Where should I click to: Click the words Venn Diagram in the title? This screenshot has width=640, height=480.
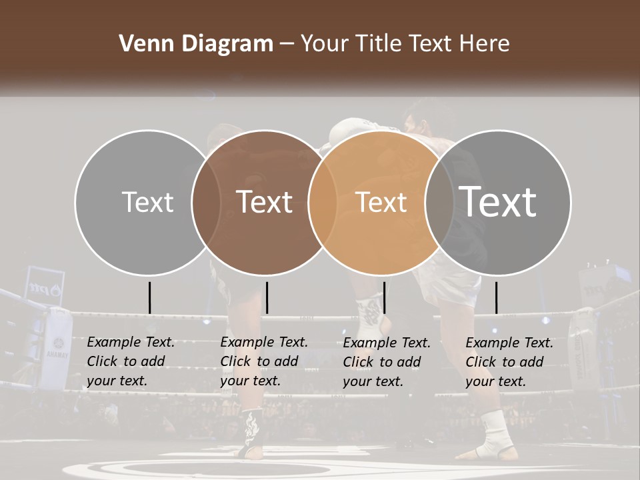point(196,44)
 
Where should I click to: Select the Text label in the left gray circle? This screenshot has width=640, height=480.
point(147,202)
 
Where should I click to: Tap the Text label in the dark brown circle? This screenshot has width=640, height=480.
point(265,202)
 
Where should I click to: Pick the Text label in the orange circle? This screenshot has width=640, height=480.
point(381,202)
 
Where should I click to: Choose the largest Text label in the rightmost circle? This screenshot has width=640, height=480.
point(498,202)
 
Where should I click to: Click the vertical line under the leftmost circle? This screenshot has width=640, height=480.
point(149,297)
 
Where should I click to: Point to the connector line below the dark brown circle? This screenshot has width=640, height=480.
point(267,297)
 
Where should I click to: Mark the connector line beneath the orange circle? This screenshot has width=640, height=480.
point(384,297)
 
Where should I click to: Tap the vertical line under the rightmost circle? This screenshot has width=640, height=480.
point(496,297)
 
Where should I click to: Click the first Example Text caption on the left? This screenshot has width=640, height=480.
point(130,361)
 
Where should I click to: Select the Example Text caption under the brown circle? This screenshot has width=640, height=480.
point(263,361)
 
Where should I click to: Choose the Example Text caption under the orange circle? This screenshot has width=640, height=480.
point(386,361)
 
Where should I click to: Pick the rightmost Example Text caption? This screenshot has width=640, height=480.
point(509,361)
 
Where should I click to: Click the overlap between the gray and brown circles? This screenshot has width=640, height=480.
point(206,202)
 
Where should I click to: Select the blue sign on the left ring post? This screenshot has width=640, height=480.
point(45,285)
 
